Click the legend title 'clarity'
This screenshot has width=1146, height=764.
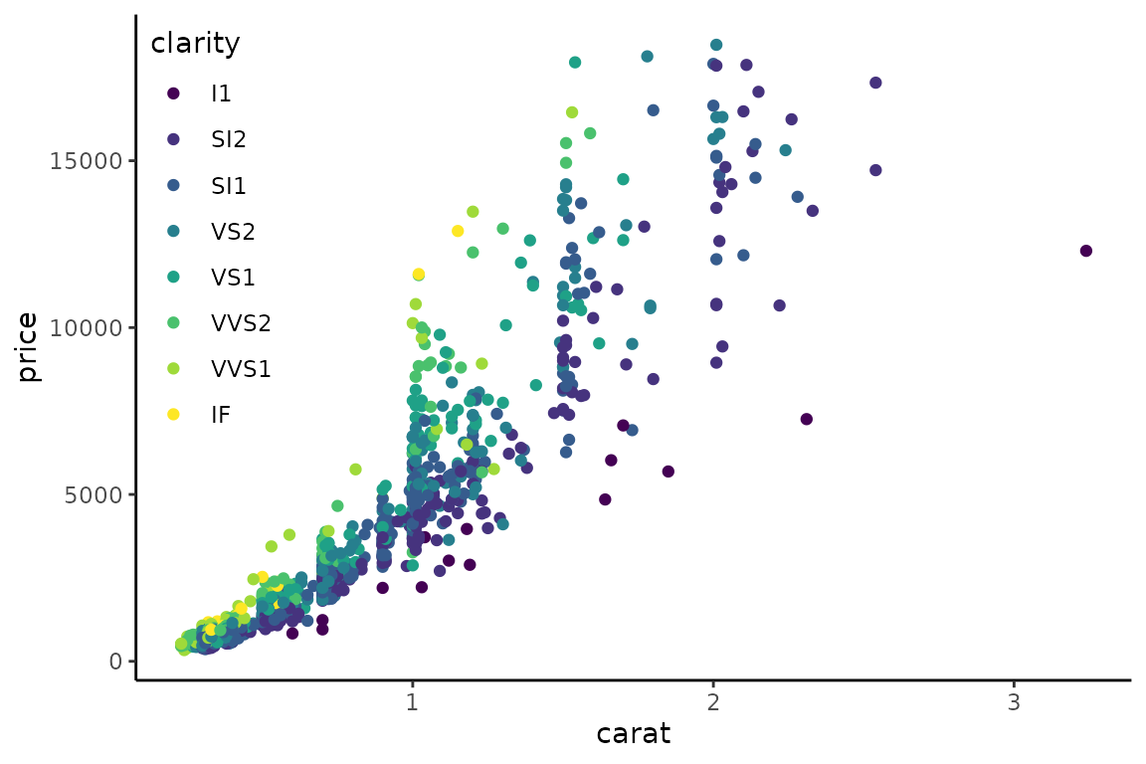195,44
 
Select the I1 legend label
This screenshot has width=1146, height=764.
221,94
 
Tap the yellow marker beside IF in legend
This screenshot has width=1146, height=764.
173,414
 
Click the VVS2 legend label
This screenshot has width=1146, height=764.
241,322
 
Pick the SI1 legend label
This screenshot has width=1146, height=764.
229,186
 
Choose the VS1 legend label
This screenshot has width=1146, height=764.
233,278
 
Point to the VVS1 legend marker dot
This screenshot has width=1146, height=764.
173,369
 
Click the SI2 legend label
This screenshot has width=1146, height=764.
229,139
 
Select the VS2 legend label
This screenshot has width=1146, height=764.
233,232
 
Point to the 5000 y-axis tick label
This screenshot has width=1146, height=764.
93,494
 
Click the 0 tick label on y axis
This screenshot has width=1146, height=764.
115,662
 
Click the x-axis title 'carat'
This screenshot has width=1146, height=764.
633,735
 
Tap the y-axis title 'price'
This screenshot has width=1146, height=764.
29,347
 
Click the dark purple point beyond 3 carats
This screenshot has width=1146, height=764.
1085,251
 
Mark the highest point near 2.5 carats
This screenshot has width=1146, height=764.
875,83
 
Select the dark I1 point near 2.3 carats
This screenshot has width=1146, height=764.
806,419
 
